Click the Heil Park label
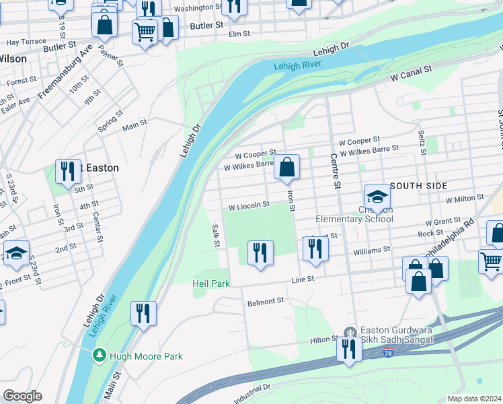pos(211,283)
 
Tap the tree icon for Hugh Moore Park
pos(99,354)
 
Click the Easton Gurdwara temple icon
pos(348,332)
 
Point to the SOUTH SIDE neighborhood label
pos(418,185)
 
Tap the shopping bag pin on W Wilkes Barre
pos(286,168)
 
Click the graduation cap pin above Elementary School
pos(377,196)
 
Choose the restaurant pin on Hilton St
pos(348,349)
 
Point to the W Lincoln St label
pos(249,205)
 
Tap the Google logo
pos(22,396)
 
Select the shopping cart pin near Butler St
pos(145,31)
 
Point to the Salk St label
pos(216,235)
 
